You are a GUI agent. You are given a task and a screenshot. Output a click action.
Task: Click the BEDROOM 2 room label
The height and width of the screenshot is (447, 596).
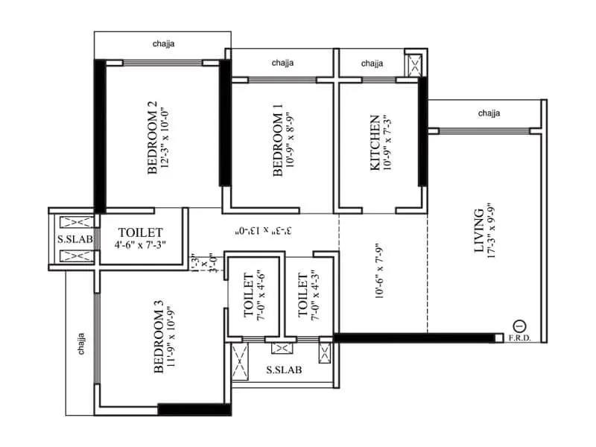[x=153, y=138]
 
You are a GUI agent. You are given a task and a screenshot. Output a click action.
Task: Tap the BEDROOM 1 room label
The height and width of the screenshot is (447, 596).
[x=278, y=141]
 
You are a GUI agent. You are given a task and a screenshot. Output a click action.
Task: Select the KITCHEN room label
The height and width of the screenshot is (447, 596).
[x=375, y=142]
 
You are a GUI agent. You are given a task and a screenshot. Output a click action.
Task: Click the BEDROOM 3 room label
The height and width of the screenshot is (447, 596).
[x=158, y=337]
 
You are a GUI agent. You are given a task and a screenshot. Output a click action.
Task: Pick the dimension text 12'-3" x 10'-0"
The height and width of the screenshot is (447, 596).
[x=169, y=138]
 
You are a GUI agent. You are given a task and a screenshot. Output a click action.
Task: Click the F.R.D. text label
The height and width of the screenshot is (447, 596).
[x=520, y=339]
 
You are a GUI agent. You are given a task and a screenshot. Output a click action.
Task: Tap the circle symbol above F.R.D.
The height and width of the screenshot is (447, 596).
[x=520, y=326]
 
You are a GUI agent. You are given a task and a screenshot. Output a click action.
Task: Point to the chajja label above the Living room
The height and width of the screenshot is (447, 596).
[x=489, y=113]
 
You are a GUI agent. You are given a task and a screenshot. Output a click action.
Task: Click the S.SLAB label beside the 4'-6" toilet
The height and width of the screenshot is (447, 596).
[x=71, y=239]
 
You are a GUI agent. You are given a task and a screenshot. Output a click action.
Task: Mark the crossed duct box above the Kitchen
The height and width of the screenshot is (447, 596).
[x=414, y=66]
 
